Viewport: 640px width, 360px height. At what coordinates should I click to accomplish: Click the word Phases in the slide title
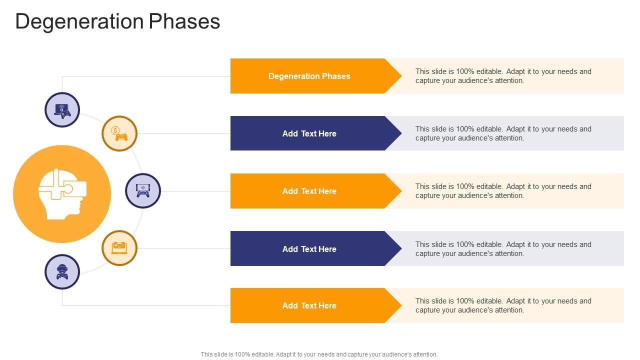184,21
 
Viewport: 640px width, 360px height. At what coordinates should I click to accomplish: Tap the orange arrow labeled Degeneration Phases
315,76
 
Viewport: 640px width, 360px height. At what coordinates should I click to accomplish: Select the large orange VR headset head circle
62,194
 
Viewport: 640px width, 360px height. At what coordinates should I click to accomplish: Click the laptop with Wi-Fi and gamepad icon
62,109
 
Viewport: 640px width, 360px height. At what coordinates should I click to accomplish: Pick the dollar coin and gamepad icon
119,133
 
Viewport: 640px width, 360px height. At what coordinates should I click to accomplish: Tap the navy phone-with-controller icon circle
143,190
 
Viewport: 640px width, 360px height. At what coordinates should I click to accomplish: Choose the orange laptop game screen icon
119,248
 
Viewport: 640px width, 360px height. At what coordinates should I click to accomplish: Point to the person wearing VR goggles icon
62,271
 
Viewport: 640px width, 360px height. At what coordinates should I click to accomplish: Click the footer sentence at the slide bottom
319,354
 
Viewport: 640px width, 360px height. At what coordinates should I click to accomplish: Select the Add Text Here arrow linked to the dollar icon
315,133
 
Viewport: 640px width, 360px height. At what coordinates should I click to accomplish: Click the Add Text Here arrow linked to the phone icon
315,191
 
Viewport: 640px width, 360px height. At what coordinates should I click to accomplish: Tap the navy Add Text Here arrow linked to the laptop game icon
315,248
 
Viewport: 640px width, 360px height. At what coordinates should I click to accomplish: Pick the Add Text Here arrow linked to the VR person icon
315,305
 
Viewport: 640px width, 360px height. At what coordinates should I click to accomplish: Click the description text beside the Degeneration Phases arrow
503,76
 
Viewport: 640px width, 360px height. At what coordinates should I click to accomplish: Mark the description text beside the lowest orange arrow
503,305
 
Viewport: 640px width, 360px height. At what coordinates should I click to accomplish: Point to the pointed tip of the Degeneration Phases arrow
401,76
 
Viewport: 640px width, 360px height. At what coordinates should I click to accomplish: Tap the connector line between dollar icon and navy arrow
183,133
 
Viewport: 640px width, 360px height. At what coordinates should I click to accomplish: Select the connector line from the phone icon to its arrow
195,191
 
